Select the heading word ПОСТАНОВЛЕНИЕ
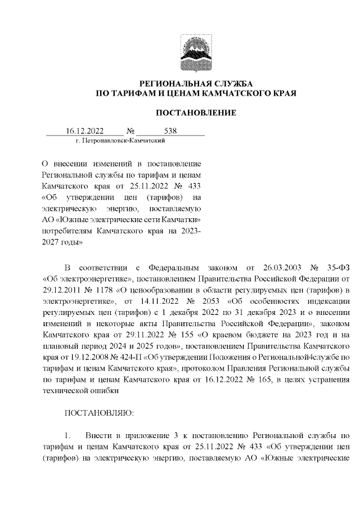(196, 113)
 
